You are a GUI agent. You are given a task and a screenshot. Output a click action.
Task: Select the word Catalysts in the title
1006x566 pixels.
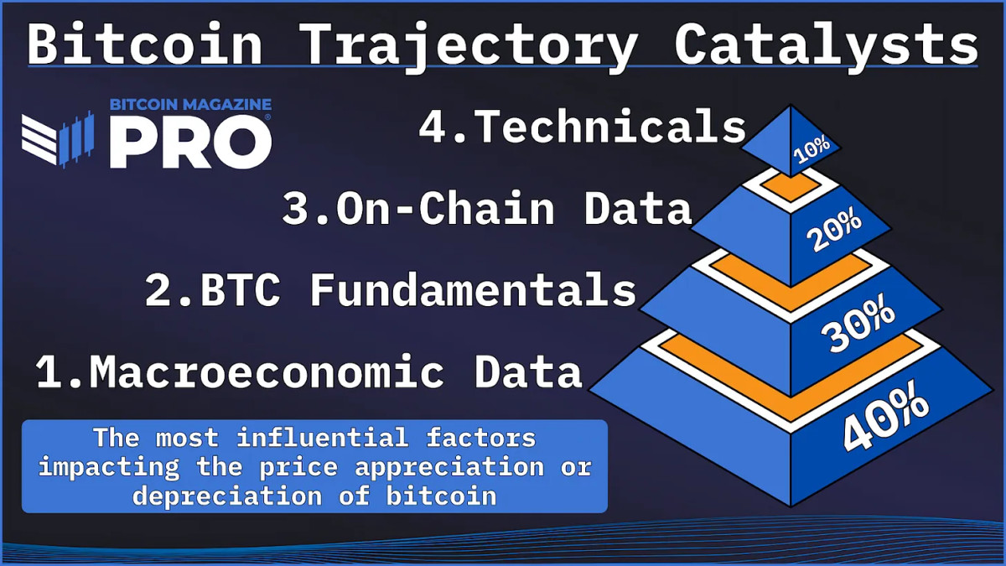click(x=826, y=44)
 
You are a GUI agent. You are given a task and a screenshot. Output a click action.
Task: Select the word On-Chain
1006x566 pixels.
click(x=445, y=210)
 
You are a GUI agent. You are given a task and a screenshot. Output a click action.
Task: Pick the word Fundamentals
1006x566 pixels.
click(x=474, y=290)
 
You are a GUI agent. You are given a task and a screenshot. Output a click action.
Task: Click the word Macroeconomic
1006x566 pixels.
click(x=267, y=371)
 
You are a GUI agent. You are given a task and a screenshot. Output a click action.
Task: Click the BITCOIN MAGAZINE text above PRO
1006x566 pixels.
click(x=190, y=105)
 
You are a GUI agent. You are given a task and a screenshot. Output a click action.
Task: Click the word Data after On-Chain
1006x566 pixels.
click(x=637, y=210)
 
